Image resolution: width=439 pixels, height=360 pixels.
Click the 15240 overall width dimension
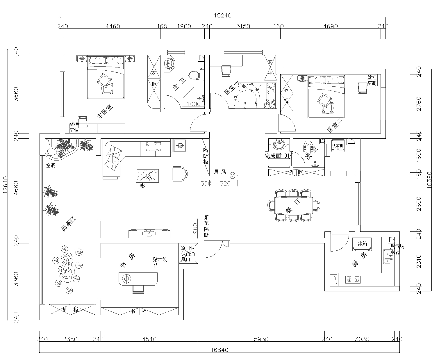pos(223,16)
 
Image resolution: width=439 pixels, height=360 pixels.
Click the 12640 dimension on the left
pos(5,185)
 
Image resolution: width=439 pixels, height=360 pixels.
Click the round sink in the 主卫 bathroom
pos(169,64)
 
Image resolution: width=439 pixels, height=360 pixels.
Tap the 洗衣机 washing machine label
pos(338,145)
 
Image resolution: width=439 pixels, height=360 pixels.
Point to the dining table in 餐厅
pos(294,205)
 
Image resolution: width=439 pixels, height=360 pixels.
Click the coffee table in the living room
pos(148,176)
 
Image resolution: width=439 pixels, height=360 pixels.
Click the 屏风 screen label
pos(220,172)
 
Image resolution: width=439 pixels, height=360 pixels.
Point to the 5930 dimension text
pos(261,339)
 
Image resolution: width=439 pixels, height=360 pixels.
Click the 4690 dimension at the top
pos(330,26)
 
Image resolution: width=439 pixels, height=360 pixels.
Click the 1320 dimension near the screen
pos(224,183)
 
